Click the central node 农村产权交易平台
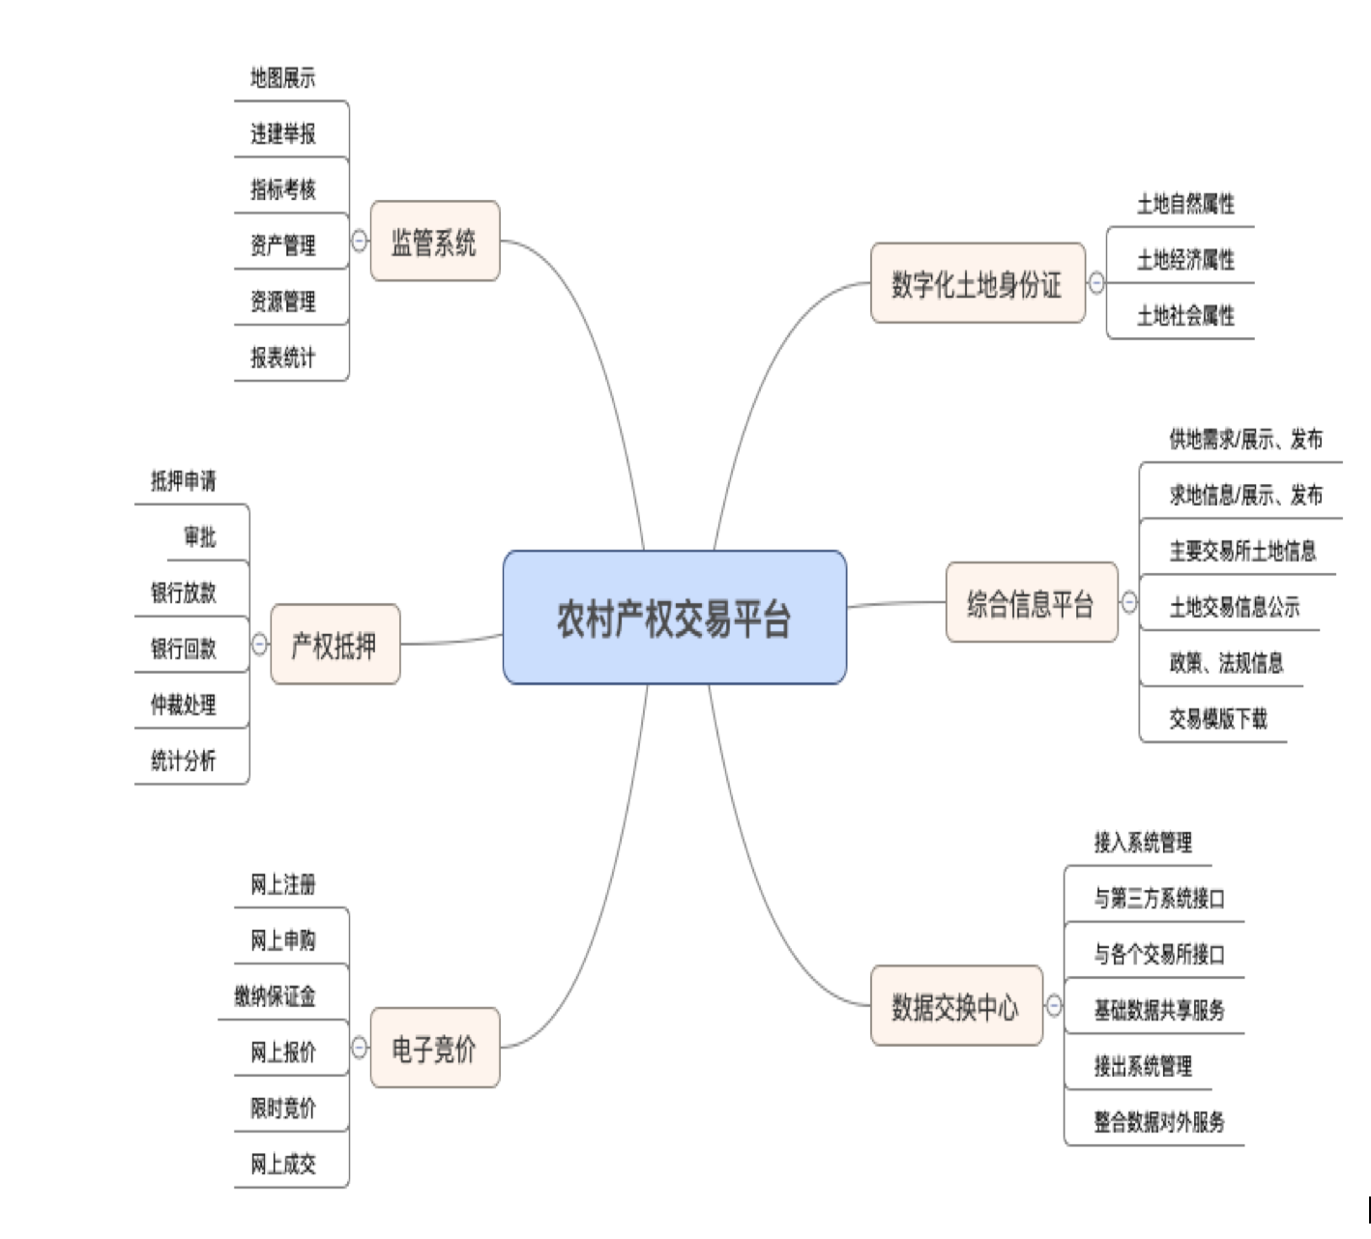[674, 618]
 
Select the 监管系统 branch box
[434, 242]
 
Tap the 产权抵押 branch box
[335, 645]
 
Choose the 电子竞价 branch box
[434, 1048]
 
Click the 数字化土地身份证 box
[977, 283]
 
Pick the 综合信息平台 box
[1031, 603]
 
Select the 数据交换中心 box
[955, 1006]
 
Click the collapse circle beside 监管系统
[360, 241]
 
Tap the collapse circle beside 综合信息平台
[1129, 603]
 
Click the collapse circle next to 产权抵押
[260, 644]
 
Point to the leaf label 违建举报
[283, 133]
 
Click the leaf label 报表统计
[283, 358]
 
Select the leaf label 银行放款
[184, 592]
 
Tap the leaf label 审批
[200, 536]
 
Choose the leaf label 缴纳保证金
[275, 995]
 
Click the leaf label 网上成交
[283, 1164]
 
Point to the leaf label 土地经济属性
[1185, 259]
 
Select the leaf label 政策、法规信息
[1226, 663]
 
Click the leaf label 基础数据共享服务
[1159, 1010]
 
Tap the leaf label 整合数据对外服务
[1159, 1122]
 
